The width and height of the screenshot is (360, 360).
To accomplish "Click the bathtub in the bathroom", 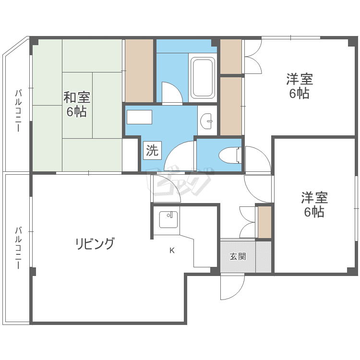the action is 203,77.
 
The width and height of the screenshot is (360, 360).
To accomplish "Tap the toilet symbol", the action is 230,156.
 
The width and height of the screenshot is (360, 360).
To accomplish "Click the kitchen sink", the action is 168,220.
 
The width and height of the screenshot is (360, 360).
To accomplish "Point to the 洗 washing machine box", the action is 153,150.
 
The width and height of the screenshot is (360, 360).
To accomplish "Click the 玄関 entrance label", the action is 238,256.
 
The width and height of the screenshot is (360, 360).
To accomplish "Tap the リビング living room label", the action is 95,244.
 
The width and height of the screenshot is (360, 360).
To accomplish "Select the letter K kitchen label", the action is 172,251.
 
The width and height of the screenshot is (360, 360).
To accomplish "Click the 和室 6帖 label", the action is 77,105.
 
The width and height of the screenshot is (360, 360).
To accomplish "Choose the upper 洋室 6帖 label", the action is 300,86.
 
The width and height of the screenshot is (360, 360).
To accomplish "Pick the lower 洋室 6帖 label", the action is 314,205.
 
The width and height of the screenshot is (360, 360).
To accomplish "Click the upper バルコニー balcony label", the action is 18,111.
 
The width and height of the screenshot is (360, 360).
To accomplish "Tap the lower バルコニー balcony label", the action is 18,248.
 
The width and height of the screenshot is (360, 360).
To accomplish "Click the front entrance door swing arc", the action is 238,294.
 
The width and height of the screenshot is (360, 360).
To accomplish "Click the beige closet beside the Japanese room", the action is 139,71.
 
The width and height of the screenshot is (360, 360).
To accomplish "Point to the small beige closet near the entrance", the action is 264,222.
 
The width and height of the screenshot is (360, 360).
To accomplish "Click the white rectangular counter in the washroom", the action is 139,117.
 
